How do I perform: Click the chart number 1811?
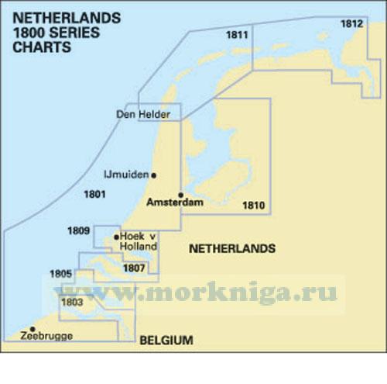238,35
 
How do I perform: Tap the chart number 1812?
351,24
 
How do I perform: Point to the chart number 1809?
100,230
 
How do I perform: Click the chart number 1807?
133,268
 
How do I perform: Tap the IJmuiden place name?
125,175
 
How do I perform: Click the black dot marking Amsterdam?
180,195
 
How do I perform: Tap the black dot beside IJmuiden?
154,175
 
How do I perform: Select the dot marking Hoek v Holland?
117,237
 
